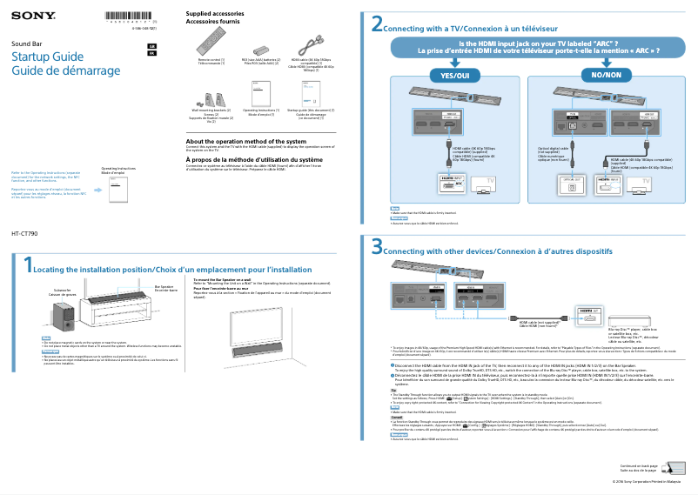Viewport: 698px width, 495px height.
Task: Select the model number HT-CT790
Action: [x=23, y=234]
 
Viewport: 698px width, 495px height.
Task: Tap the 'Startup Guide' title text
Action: [x=47, y=57]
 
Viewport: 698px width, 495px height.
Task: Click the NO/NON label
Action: [x=607, y=76]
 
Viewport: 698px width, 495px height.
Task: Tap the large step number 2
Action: [x=377, y=24]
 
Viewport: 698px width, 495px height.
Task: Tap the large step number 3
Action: [x=377, y=248]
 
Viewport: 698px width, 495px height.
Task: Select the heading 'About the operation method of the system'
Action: [x=246, y=141]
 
